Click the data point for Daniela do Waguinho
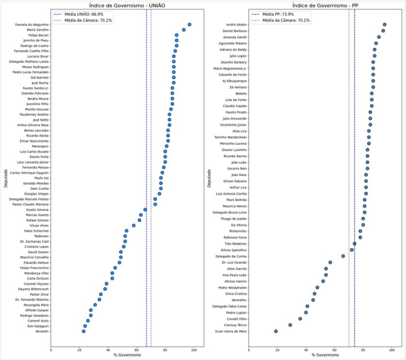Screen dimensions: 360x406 pyautogui.click(x=189, y=24)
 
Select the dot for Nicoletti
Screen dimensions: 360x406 pyautogui.click(x=84, y=331)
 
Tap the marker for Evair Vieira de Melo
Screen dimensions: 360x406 pyautogui.click(x=276, y=331)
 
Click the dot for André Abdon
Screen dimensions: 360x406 pyautogui.click(x=384, y=24)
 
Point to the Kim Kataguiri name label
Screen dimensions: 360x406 pyautogui.click(x=38, y=326)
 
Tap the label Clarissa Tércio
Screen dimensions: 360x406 pyautogui.click(x=234, y=326)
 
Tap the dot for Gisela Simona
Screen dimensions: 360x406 pyautogui.click(x=145, y=210)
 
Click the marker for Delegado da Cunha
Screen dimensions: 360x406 pyautogui.click(x=343, y=256)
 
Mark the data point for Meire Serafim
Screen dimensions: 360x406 pyautogui.click(x=184, y=30)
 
